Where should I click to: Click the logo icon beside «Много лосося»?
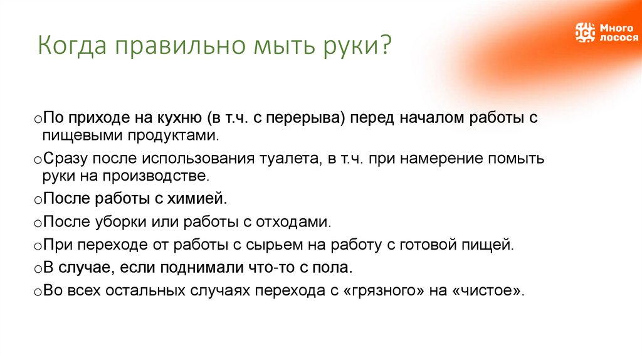585,32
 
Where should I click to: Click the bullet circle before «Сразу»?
38,161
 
